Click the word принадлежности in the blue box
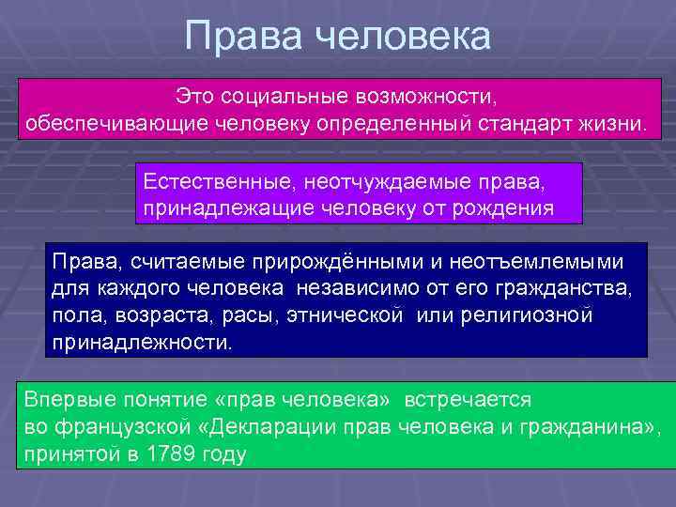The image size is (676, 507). pos(139,341)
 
